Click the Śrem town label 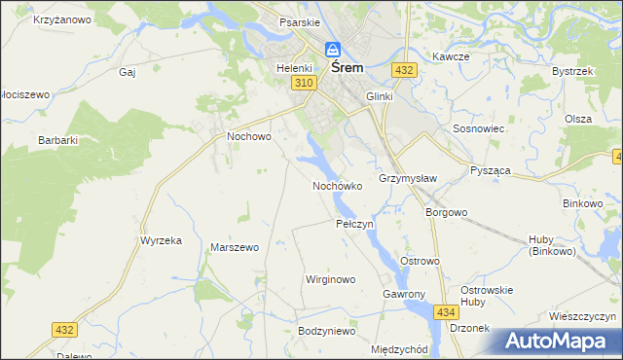tap(348, 68)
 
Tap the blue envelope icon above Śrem tap(333, 49)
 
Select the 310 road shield tap(304, 85)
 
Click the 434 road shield tap(446, 311)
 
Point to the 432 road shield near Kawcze tap(405, 70)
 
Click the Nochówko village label tap(337, 185)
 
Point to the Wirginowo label tap(331, 279)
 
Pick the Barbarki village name tap(57, 140)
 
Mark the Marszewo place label tap(235, 247)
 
